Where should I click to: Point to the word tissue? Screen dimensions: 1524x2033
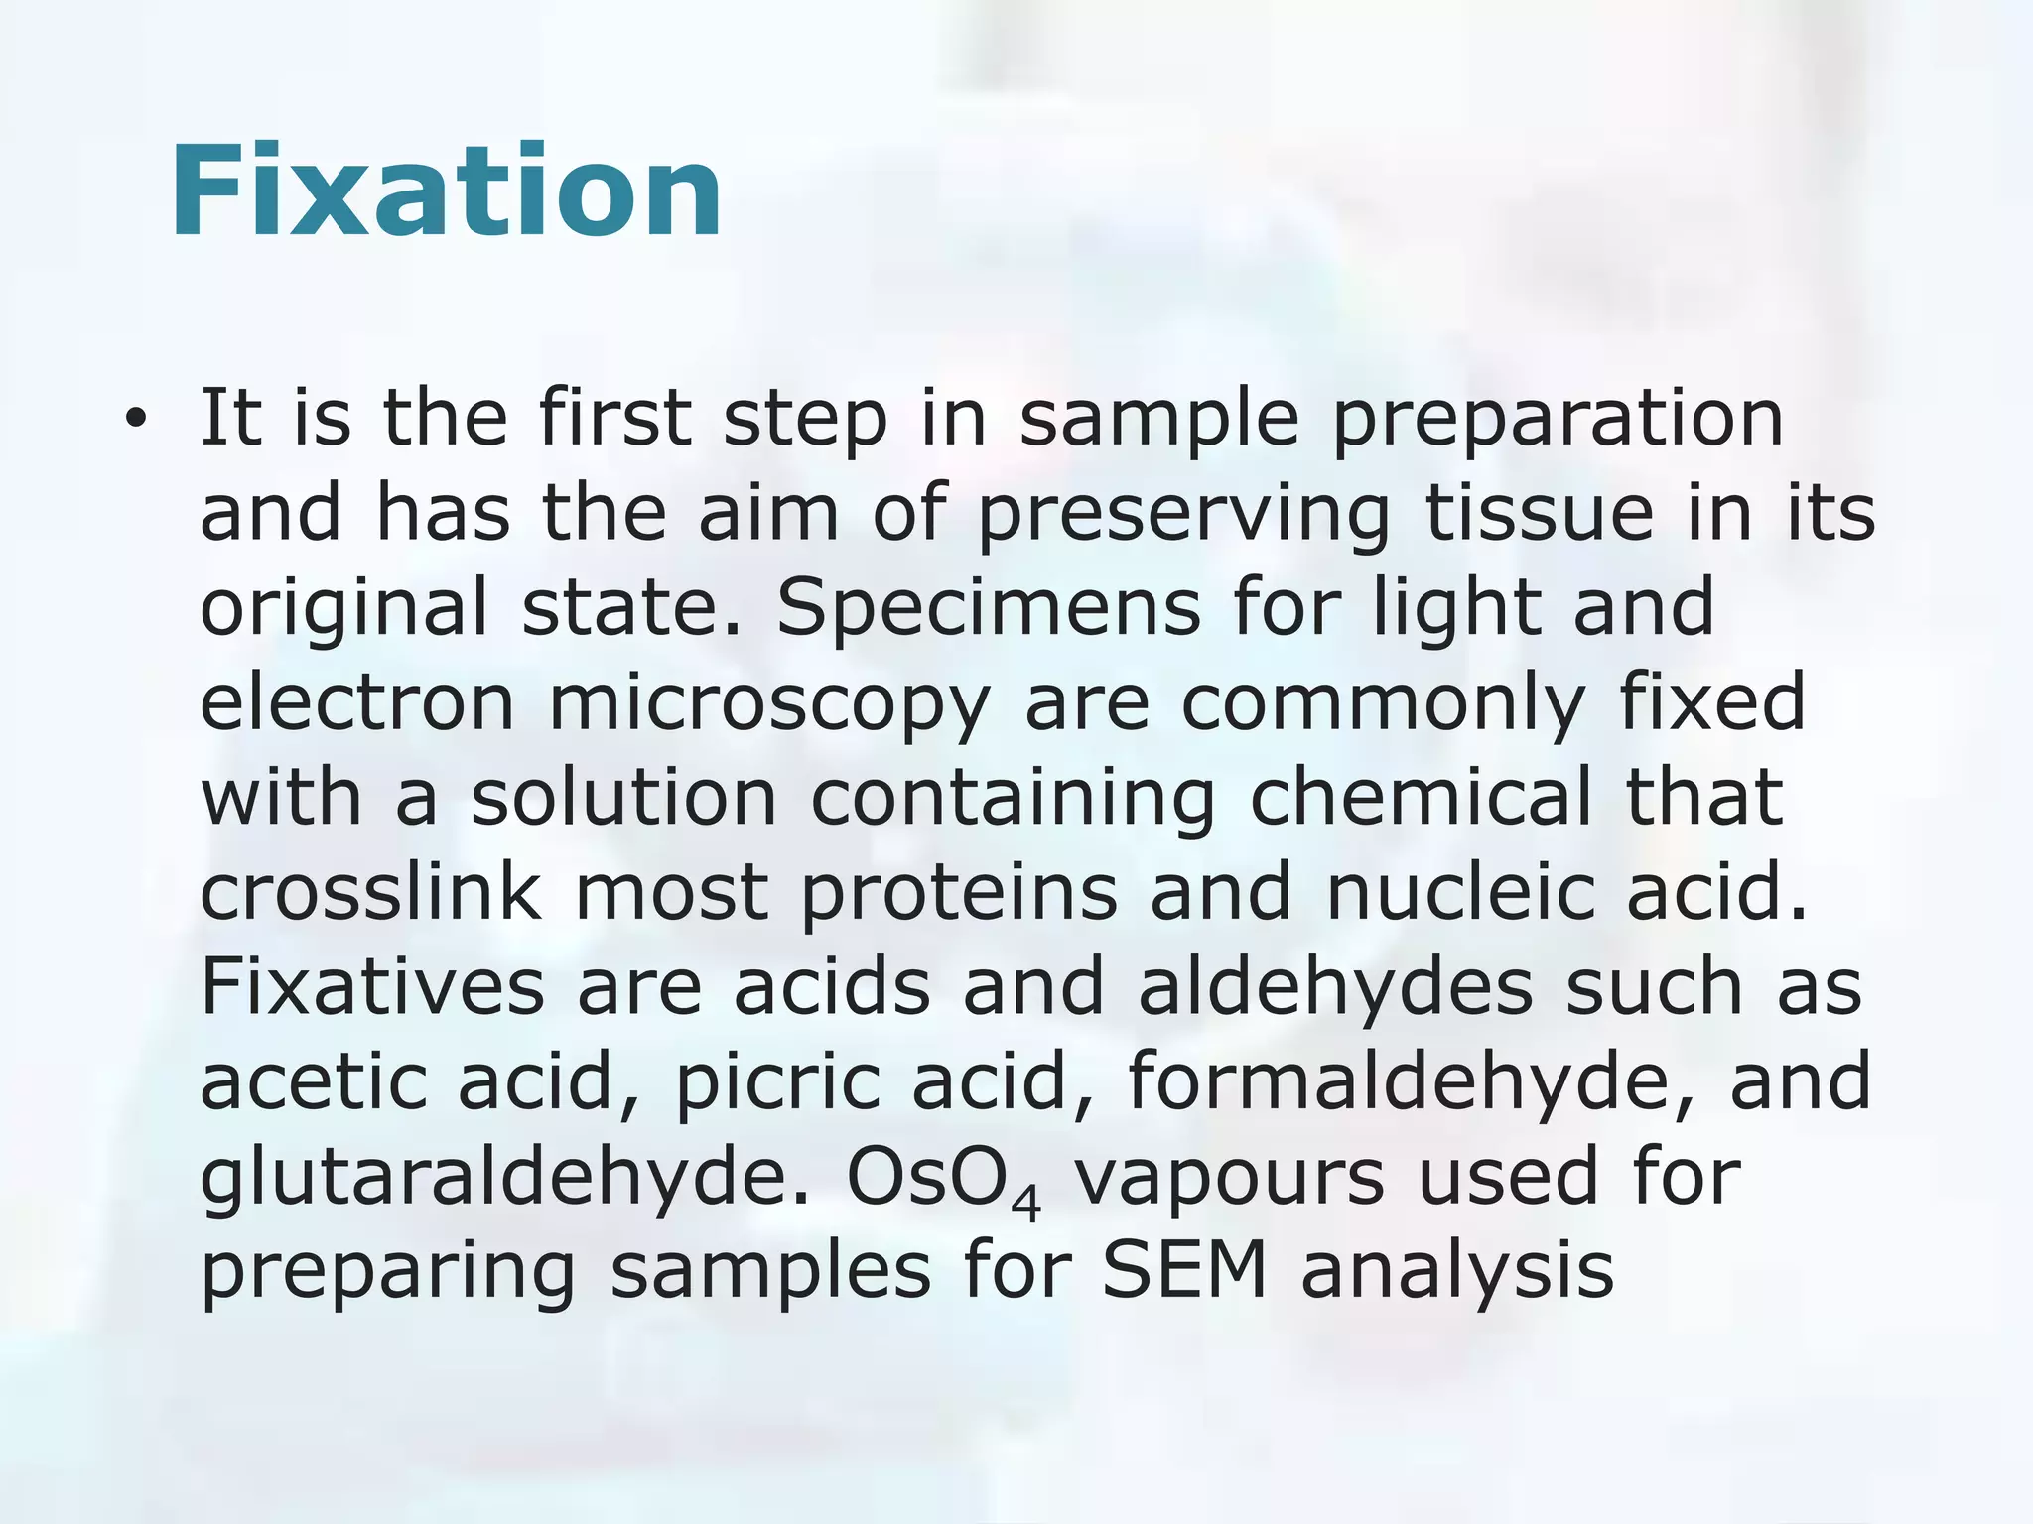pyautogui.click(x=1540, y=513)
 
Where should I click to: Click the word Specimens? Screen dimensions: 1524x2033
pyautogui.click(x=988, y=608)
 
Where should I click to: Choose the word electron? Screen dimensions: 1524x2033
pyautogui.click(x=357, y=702)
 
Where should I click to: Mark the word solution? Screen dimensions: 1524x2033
pyautogui.click(x=623, y=798)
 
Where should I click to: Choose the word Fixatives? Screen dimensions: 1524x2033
pyautogui.click(x=372, y=987)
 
